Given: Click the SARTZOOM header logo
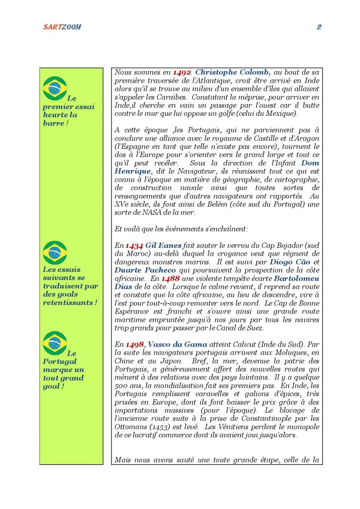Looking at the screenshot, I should [62, 27].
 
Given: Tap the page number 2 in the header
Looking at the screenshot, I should [319, 27].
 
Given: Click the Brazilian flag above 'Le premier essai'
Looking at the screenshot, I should [55, 88].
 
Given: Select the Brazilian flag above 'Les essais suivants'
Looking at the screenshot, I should [55, 253].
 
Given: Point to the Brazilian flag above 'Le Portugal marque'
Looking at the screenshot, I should [55, 343].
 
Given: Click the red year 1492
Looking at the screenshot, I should [182, 73].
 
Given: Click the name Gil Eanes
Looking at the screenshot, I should [163, 246].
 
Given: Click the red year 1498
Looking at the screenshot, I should [135, 345].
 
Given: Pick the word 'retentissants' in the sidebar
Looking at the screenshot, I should [67, 303].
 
